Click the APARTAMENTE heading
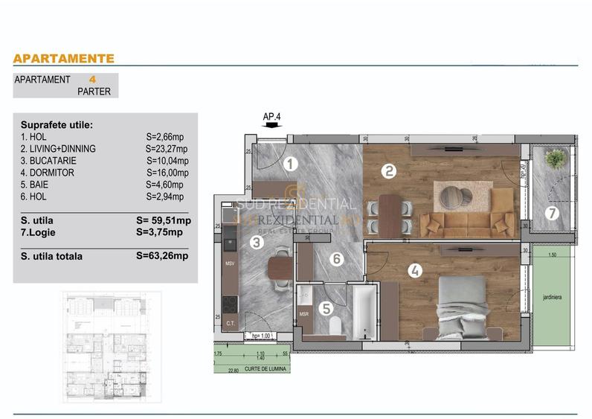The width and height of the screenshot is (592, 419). coord(64,58)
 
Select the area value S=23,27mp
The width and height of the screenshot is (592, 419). coord(166,149)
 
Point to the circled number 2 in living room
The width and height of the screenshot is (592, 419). coord(387,171)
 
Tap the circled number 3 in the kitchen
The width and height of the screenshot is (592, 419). coord(257,242)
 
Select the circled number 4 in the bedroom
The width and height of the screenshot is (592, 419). coord(416,272)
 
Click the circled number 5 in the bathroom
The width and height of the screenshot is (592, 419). coord(324,306)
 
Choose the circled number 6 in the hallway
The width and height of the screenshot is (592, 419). coord(337,259)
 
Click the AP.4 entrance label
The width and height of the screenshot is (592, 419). coord(272,116)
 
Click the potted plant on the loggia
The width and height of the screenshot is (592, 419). coord(553,159)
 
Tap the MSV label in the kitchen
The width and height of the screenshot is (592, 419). coord(230,263)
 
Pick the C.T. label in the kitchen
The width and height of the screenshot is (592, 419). coord(230,322)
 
